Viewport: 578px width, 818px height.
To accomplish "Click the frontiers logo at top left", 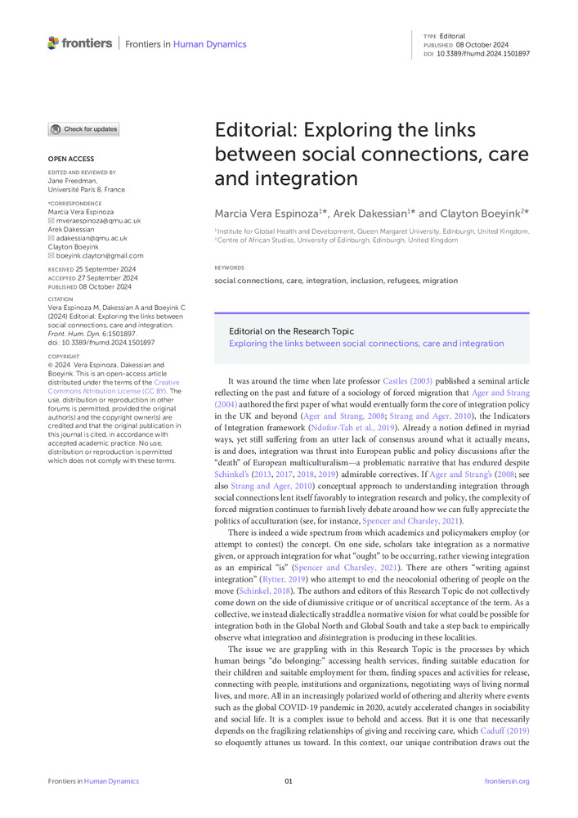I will coord(79,43).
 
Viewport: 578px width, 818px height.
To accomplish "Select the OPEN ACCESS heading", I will coord(70,159).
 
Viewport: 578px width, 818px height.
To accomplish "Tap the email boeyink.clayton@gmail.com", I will coord(101,255).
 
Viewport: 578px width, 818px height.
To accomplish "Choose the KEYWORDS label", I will coord(229,267).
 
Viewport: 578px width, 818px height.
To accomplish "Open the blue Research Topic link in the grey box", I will coord(366,344).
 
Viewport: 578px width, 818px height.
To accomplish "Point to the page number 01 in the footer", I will coord(289,781).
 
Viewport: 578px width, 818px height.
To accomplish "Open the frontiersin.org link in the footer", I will coord(507,781).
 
